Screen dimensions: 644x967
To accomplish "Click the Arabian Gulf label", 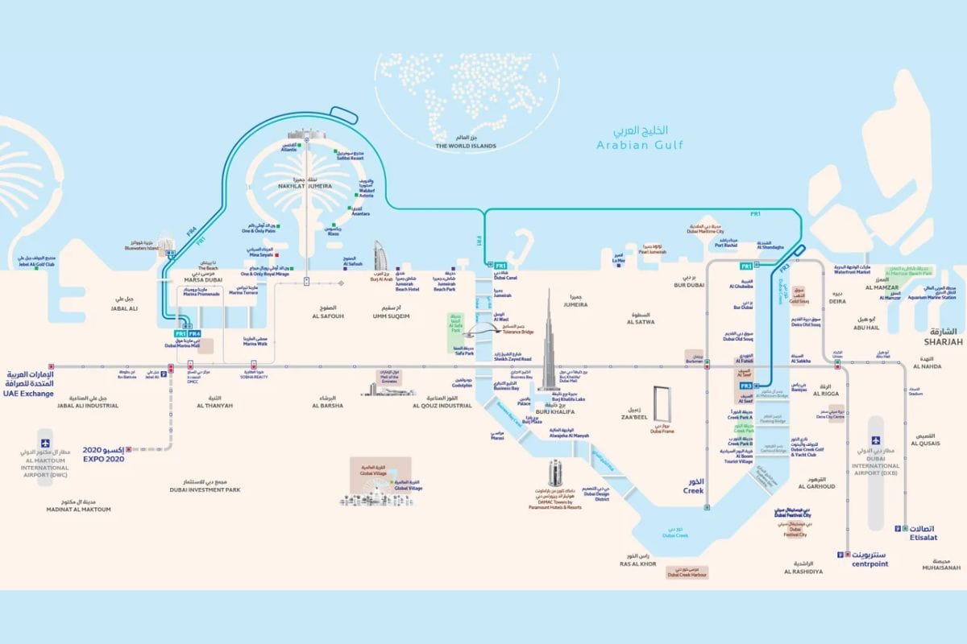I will point(640,145).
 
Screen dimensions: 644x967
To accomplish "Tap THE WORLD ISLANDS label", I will point(465,147).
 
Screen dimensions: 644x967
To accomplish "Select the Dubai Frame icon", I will point(662,406).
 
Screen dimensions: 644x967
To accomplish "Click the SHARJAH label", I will point(944,342).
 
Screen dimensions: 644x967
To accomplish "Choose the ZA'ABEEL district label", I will point(634,419).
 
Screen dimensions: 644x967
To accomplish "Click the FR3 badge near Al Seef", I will point(746,386).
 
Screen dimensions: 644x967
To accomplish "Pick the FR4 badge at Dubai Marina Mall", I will point(194,333).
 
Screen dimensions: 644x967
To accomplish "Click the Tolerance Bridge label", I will point(518,331).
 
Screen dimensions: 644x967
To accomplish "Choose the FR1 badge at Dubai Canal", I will point(500,265).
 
